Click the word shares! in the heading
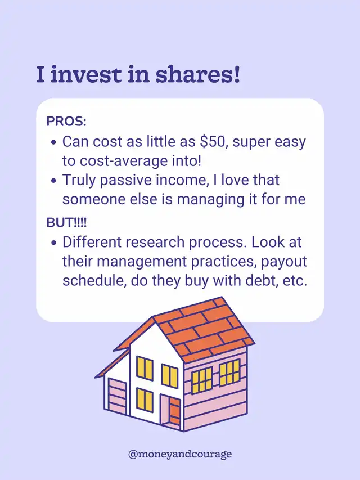click(198, 75)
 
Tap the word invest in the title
click(86, 75)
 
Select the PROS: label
click(66, 122)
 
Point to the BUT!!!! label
click(66, 222)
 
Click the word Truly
click(79, 180)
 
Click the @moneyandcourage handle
click(180, 454)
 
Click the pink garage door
click(117, 397)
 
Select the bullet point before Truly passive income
click(54, 181)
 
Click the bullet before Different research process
click(54, 243)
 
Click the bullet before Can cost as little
click(54, 143)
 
